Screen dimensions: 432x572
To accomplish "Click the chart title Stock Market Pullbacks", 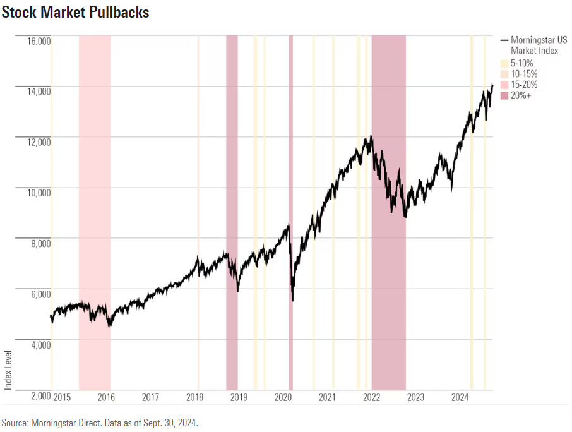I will [75, 12].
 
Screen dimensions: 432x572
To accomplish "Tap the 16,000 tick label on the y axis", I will [39, 41].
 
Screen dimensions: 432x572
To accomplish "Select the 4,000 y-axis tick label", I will [39, 345].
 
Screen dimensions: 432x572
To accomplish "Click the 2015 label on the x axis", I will [62, 397].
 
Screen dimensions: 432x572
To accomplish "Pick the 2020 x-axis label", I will [283, 397].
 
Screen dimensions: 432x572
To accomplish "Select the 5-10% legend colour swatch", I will [504, 63].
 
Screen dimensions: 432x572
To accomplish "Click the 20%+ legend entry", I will [520, 95].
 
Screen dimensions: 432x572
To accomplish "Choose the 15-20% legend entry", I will [523, 85].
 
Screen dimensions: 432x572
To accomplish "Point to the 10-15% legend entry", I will [523, 74].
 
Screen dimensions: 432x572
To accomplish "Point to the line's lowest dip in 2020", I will [292, 301].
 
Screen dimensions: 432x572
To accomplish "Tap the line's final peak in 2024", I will [492, 84].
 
